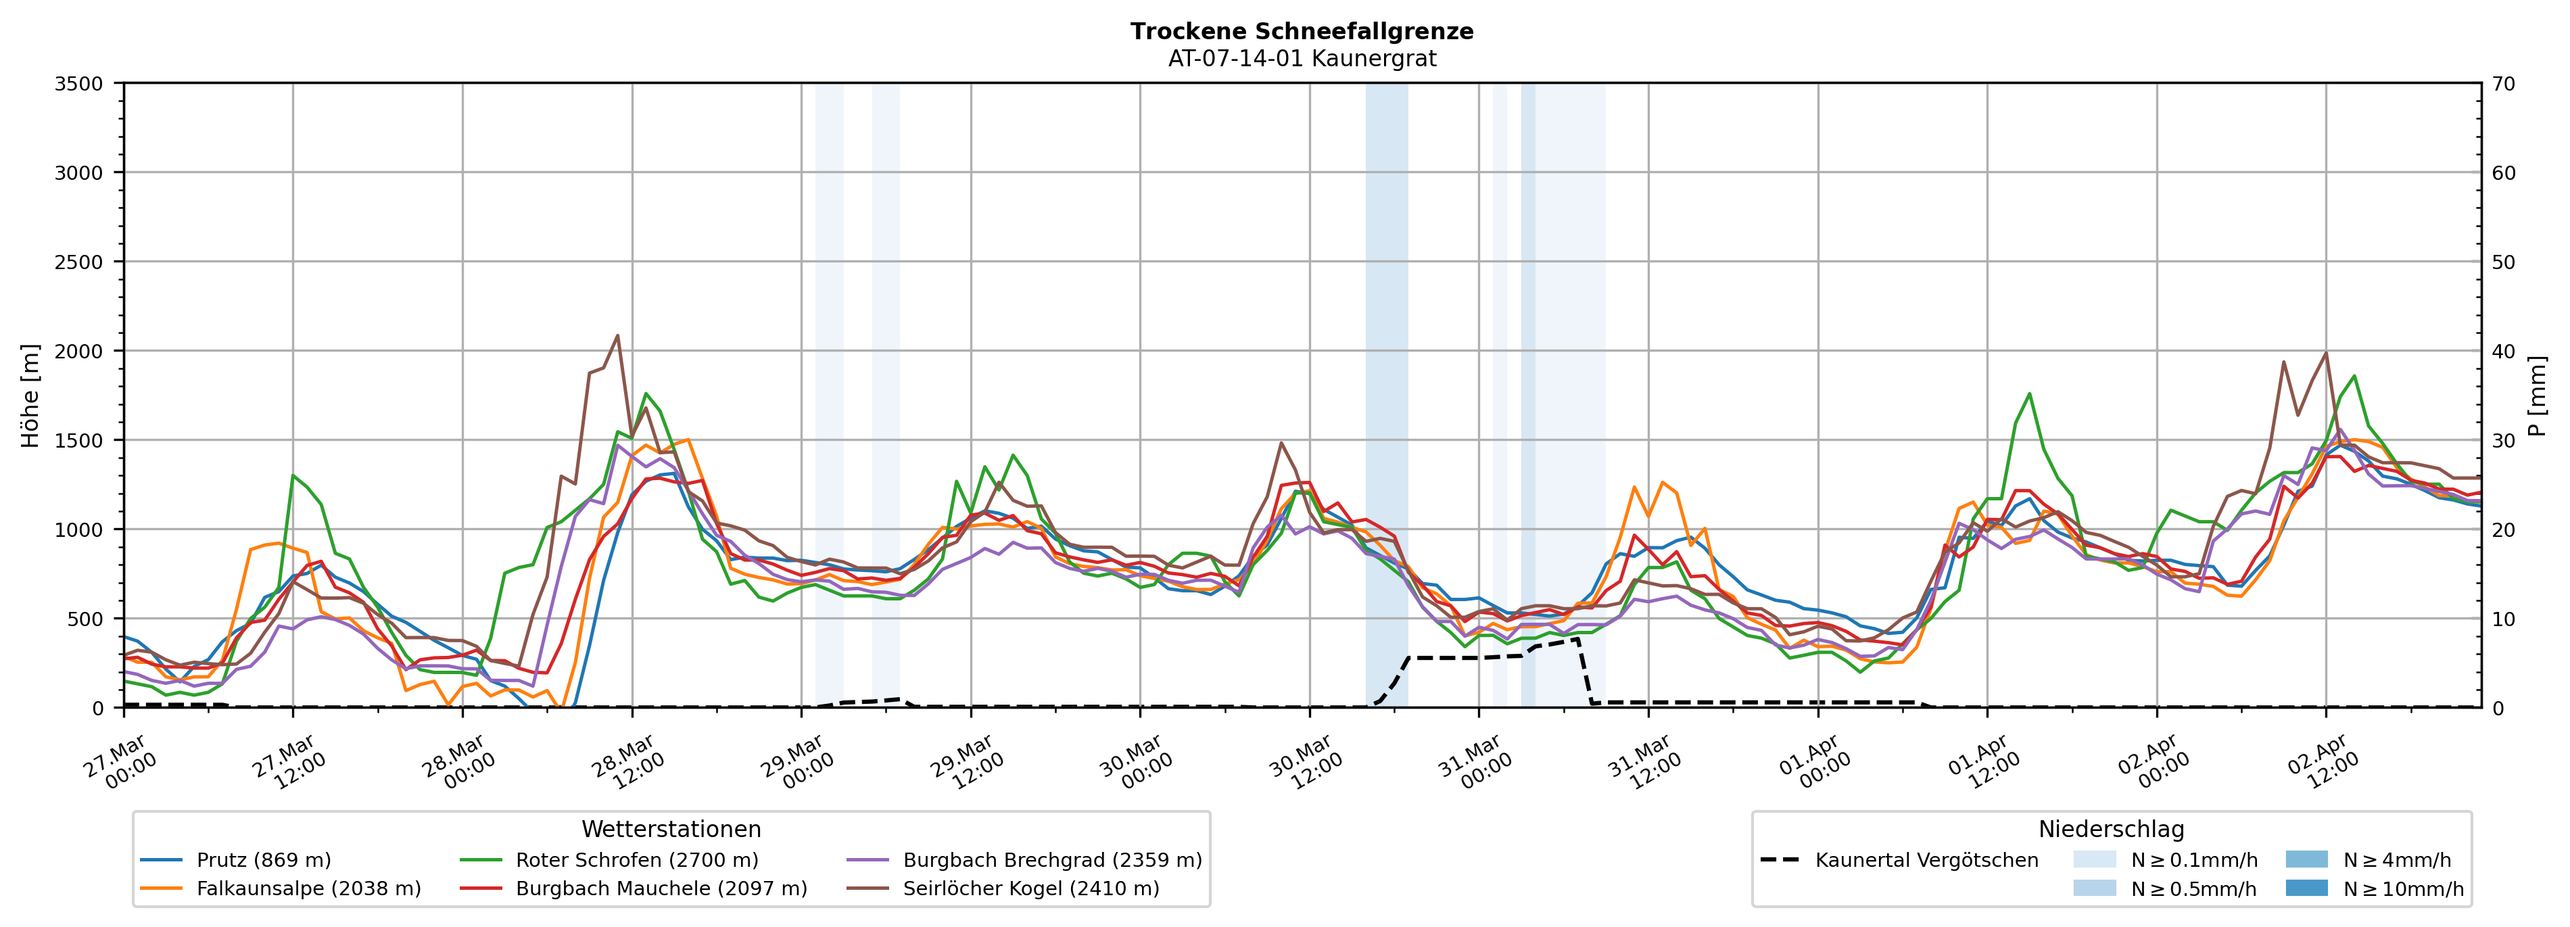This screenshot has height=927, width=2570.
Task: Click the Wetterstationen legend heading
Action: click(x=671, y=829)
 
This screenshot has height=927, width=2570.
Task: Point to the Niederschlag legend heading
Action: click(x=2111, y=829)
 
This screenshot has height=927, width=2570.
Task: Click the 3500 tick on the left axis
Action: click(x=79, y=84)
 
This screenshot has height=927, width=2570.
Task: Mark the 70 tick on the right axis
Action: click(x=2503, y=84)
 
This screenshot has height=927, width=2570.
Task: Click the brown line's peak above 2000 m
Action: click(x=617, y=335)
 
